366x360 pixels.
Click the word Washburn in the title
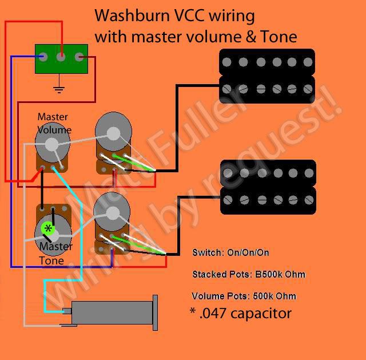(125, 15)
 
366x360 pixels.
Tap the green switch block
(61, 58)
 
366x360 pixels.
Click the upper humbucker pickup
(267, 76)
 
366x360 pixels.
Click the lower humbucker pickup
(267, 187)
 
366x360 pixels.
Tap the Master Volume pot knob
(51, 144)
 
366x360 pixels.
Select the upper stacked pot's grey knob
(113, 133)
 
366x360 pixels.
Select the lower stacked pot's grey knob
(112, 213)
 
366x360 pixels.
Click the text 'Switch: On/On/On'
(231, 252)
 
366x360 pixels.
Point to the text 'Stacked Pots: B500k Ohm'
(249, 274)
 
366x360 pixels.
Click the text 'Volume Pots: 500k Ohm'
(244, 296)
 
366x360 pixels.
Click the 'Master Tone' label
(55, 254)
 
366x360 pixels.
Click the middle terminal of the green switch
(61, 57)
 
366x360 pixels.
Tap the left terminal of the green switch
(43, 57)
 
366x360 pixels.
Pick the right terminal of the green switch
(79, 57)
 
